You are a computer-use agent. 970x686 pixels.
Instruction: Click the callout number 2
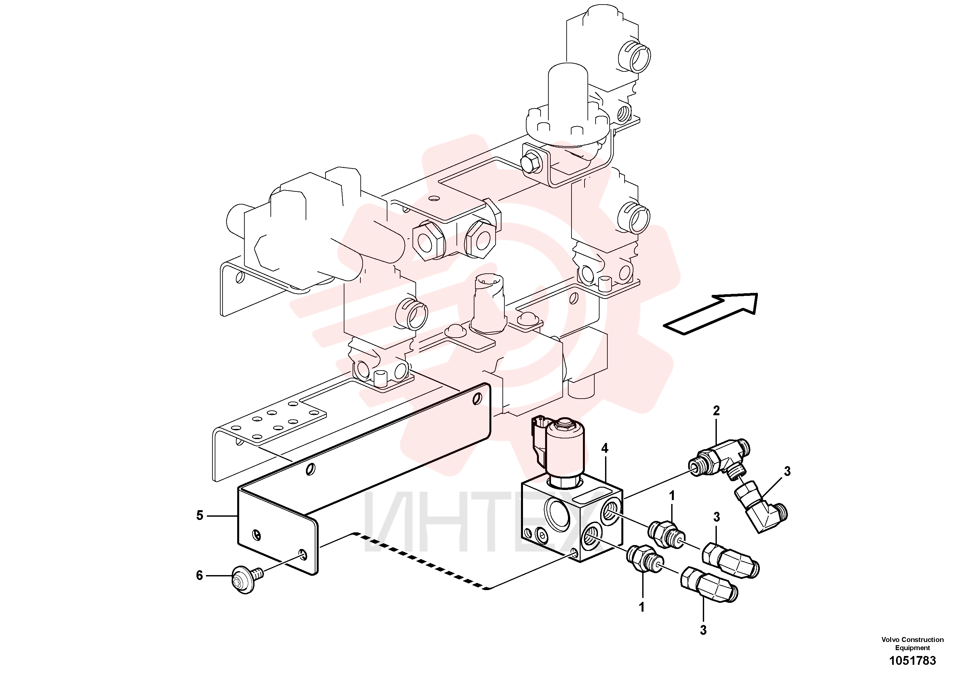[716, 411]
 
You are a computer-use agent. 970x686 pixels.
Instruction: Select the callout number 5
[200, 515]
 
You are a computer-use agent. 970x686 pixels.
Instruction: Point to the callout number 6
[199, 576]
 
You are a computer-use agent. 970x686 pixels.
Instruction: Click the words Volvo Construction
[912, 639]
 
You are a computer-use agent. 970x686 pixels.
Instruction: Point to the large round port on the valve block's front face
[558, 515]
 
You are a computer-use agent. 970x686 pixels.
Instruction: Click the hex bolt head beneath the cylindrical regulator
[531, 165]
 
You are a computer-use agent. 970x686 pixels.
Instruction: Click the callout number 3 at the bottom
[703, 630]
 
